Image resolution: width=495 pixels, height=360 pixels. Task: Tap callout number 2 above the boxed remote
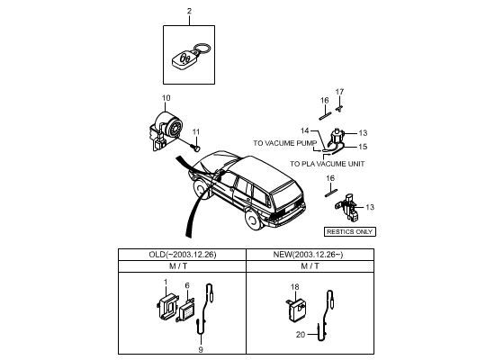[189, 11]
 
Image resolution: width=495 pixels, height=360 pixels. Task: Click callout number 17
[339, 92]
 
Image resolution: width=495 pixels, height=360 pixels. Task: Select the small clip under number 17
[339, 109]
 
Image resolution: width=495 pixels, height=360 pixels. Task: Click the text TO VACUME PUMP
[284, 143]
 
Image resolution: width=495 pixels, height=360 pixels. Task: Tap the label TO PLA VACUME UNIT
[327, 164]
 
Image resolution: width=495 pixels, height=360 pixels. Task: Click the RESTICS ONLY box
[350, 232]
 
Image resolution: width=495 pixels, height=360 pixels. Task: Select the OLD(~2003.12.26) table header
[183, 255]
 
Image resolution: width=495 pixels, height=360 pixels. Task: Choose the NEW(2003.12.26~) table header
[310, 255]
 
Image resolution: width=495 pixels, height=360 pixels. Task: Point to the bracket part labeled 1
[167, 306]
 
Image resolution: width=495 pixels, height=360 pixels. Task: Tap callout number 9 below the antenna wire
[201, 349]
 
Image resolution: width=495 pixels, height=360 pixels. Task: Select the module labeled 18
[296, 310]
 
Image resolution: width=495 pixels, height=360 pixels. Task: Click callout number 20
[301, 335]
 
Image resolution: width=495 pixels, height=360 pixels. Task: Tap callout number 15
[363, 147]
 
